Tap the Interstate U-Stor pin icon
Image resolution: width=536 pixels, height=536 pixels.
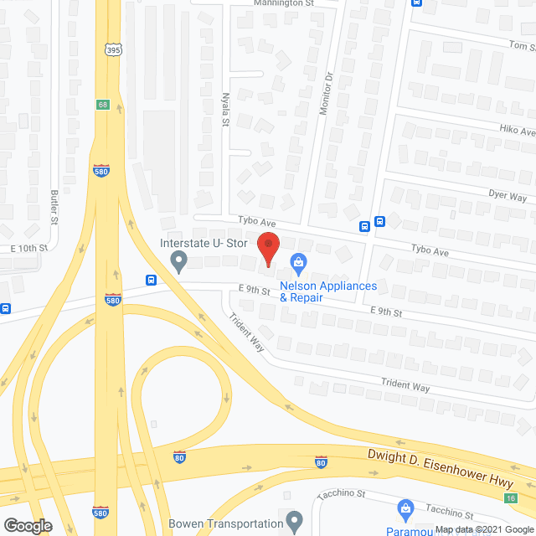(178, 263)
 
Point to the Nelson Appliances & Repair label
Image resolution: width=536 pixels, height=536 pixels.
(328, 291)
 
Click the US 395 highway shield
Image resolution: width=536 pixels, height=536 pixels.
(113, 50)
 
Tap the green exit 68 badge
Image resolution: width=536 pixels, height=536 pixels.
(102, 105)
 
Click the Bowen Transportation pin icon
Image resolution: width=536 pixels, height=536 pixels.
(294, 523)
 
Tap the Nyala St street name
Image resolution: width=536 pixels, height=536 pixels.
(225, 109)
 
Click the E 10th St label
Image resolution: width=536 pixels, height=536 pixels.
(30, 249)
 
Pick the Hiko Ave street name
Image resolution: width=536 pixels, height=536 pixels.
(516, 131)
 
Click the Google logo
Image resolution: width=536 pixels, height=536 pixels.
(27, 525)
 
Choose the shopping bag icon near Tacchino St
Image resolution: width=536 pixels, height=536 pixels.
(405, 508)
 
